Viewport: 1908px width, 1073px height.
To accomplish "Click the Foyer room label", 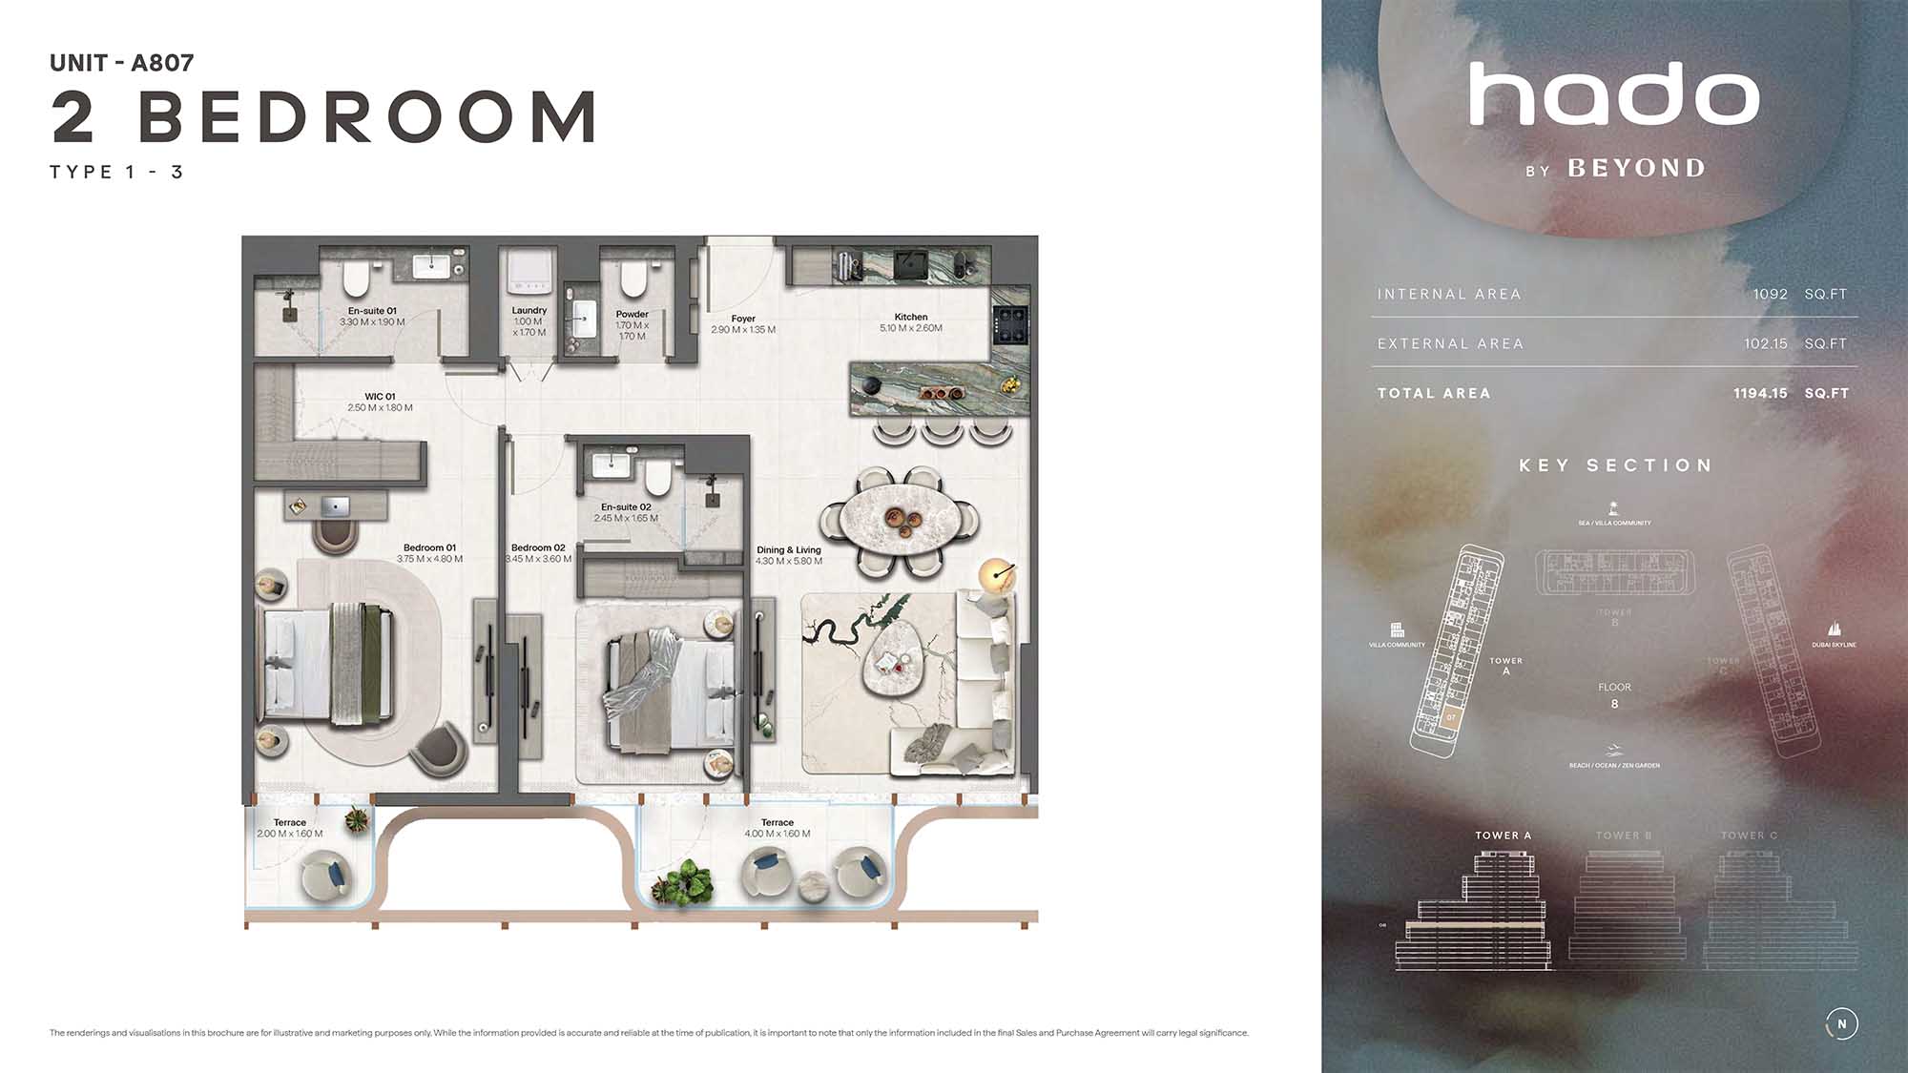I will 743,320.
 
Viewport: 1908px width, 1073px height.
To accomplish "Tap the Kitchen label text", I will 911,318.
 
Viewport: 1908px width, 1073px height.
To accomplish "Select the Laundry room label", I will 529,311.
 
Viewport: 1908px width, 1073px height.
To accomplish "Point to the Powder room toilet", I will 633,278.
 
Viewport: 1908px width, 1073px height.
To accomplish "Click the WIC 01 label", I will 380,397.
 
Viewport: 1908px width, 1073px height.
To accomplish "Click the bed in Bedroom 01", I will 327,663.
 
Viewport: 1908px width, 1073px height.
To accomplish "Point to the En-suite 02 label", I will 626,507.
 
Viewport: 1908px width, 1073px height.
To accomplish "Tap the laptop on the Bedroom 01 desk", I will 335,506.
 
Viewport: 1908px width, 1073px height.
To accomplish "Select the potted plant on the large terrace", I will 684,884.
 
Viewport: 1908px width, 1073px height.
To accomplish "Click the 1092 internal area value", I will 1770,294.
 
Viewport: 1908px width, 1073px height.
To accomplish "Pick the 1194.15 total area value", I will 1760,393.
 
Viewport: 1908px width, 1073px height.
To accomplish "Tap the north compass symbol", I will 1842,1023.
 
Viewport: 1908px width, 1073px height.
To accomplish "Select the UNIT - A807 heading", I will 122,63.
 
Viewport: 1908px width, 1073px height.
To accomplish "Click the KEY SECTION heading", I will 1615,465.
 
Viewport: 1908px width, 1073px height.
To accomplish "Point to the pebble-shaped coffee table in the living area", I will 896,660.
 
